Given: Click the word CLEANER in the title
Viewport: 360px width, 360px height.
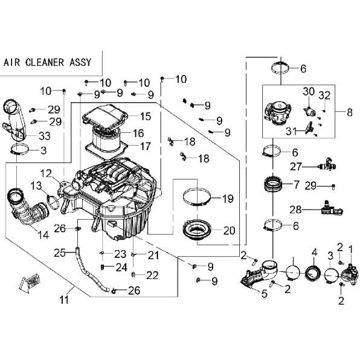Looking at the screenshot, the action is tap(45, 62).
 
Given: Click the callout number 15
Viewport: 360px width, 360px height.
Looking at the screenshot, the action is tap(146, 116).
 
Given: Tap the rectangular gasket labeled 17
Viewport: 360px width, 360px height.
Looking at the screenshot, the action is tap(106, 149).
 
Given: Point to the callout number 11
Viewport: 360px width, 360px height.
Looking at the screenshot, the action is tap(64, 300).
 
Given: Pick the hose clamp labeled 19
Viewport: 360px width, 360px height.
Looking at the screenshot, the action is tap(197, 197).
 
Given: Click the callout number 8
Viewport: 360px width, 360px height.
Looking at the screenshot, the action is tap(350, 112).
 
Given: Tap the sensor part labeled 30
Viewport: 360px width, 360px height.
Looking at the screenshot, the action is tap(310, 111).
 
